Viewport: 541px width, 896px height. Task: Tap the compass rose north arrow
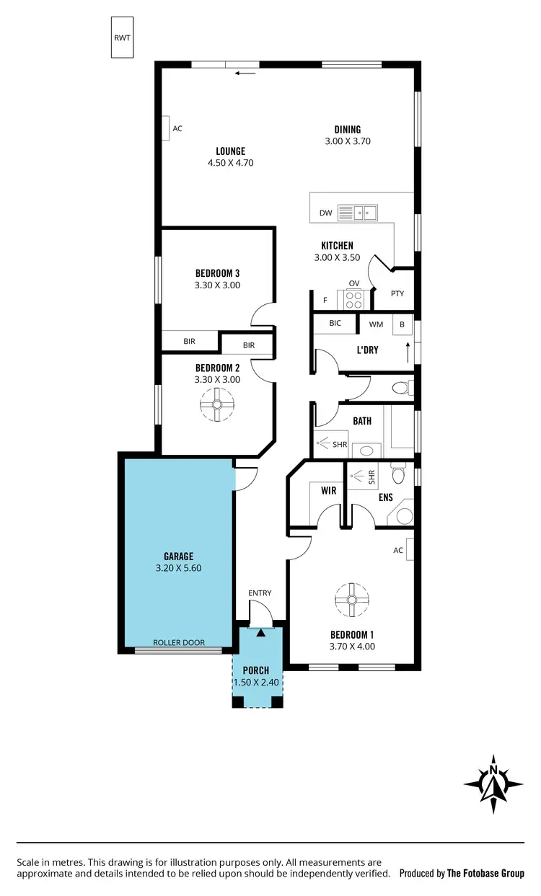493,784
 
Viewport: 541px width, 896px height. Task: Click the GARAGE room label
178,556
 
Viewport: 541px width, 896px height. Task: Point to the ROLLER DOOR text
178,642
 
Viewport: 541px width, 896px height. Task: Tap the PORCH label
256,670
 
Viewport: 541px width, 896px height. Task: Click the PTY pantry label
397,293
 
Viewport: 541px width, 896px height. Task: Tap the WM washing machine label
376,324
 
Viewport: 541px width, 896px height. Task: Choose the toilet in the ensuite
399,475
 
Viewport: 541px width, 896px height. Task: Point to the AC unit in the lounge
165,128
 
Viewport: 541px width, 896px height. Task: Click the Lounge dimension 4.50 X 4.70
230,163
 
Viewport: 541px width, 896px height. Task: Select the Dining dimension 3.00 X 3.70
348,141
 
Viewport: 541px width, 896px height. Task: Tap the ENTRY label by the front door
260,593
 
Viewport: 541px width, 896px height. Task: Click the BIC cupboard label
335,323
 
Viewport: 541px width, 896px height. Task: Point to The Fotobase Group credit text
485,873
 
